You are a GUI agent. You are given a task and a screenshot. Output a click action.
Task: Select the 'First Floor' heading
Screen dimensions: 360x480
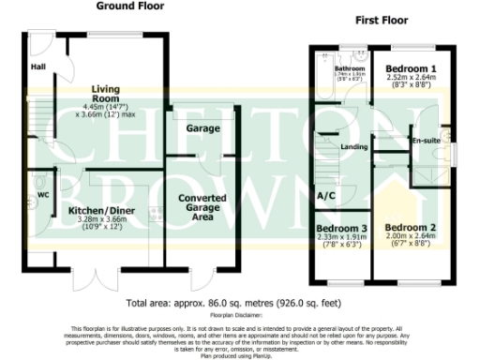coord(386,19)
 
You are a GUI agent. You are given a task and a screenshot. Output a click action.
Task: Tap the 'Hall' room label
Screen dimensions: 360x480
coord(37,67)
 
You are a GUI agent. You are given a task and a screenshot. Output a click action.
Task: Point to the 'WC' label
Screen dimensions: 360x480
coord(41,195)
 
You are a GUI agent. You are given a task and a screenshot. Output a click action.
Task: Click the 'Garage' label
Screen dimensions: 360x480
coord(196,127)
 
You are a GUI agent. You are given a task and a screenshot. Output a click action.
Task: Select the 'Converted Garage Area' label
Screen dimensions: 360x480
coord(201,207)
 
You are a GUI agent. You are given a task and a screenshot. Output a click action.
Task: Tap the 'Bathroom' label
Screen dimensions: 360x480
coord(351,68)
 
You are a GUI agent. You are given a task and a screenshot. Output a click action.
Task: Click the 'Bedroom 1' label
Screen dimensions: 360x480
coord(413,69)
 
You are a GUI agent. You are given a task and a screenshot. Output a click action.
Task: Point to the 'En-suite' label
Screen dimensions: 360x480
coord(427,141)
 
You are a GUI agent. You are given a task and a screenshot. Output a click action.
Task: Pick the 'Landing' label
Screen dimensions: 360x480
coord(353,146)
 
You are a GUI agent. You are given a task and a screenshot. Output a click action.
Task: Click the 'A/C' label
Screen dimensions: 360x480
coord(326,196)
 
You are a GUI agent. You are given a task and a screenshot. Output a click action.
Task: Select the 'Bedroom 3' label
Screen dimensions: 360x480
coord(339,229)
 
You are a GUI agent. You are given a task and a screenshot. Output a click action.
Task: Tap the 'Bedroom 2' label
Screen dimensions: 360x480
coord(411,228)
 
